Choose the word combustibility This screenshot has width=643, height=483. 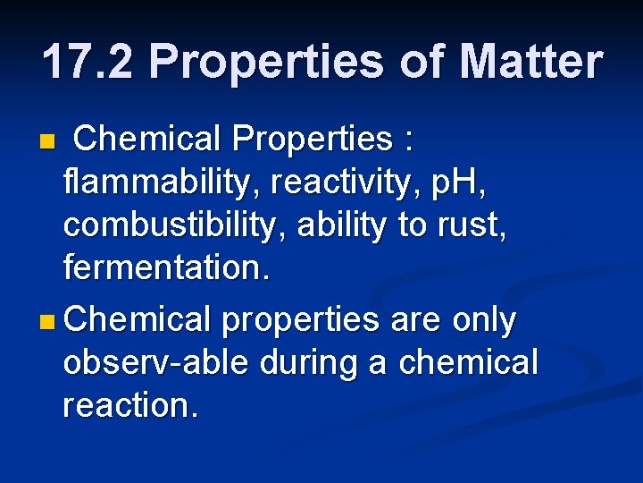(x=174, y=226)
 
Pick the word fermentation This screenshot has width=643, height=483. (x=164, y=269)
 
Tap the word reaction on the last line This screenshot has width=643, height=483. (x=130, y=405)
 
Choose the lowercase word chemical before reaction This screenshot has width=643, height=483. (x=469, y=362)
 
